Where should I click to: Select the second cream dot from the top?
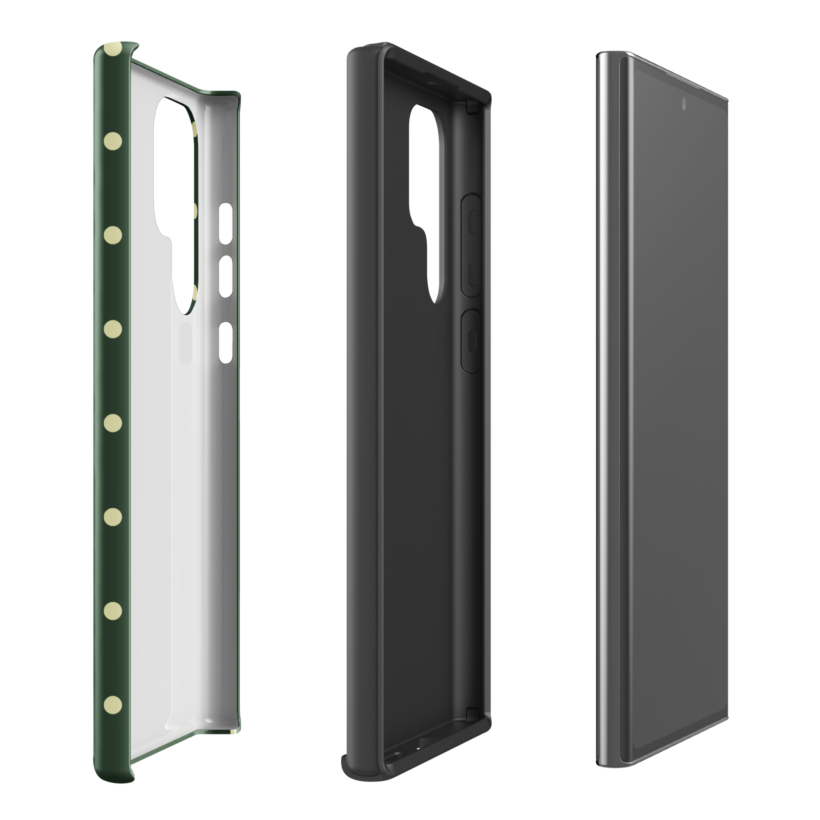click(113, 139)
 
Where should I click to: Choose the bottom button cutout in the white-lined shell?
click(225, 342)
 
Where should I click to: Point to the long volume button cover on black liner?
click(471, 245)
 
